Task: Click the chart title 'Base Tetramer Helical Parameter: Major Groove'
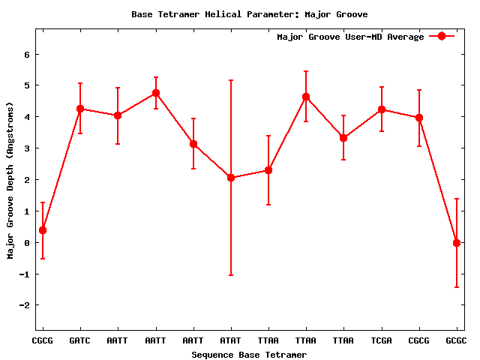coord(249,14)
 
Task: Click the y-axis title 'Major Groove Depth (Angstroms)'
coord(10,180)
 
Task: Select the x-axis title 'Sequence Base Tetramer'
coord(249,354)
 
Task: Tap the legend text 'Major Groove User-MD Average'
coord(350,37)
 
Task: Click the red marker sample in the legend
coord(442,37)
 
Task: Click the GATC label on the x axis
coord(80,340)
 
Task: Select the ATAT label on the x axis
coord(231,340)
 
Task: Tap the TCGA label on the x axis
coord(382,340)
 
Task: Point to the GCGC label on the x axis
coord(456,340)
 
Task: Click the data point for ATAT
coord(231,178)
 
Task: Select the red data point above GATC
coord(80,109)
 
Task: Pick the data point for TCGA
coord(382,109)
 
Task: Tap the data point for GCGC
coord(457,243)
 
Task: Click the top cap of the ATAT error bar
coord(231,80)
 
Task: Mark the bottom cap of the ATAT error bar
coord(231,275)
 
